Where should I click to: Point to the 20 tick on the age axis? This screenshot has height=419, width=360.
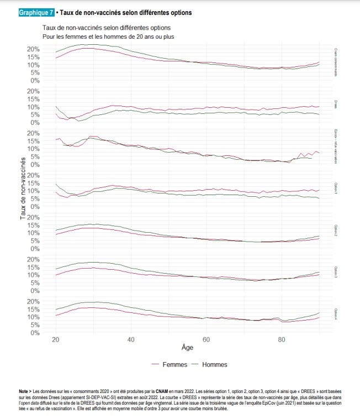point(56,339)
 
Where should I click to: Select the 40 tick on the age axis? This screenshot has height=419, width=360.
point(131,339)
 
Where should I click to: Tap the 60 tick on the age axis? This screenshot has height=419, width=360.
point(206,339)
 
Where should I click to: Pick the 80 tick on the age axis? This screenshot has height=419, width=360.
point(281,339)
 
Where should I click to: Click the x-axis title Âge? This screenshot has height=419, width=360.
point(187,348)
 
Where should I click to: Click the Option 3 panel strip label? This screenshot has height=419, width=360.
point(336,273)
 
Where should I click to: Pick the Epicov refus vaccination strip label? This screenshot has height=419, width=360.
point(336,146)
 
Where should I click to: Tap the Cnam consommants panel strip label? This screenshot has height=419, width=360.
point(336,62)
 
